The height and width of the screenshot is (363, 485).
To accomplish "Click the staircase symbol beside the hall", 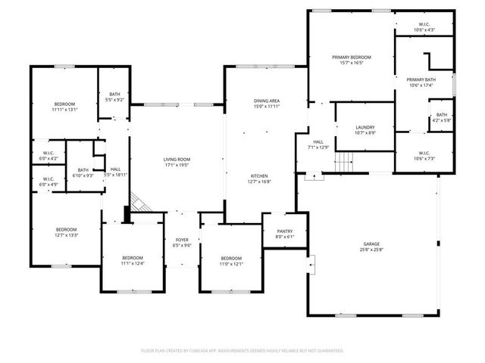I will (346, 161).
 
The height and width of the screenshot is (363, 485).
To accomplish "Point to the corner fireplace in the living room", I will (139, 200).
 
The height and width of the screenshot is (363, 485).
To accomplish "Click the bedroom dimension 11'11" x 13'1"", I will (65, 109).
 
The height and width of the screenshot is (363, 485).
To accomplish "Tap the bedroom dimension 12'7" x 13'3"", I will (66, 235).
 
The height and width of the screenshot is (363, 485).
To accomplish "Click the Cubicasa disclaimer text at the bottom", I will (242, 351).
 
